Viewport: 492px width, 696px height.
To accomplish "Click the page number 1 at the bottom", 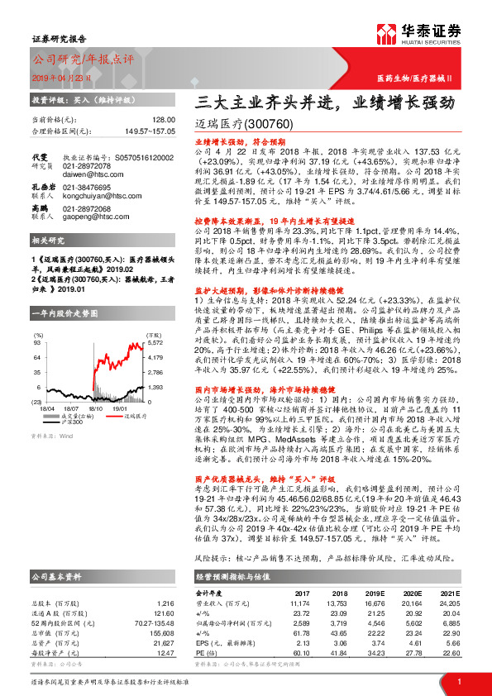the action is coord(459,682).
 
